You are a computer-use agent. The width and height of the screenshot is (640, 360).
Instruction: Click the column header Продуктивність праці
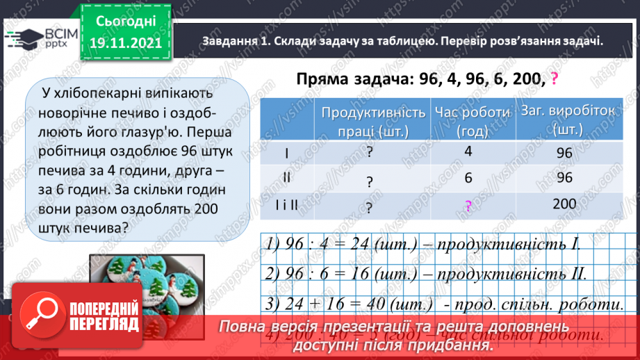coord(369,121)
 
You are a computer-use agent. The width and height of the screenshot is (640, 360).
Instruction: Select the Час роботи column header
coord(468,121)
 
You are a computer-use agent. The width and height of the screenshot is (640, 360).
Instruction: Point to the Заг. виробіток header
coord(565,120)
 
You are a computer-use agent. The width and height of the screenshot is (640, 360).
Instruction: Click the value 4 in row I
coord(468,152)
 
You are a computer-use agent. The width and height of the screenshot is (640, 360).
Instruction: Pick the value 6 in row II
coord(468,178)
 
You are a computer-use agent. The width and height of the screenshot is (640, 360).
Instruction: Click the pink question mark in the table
coord(468,206)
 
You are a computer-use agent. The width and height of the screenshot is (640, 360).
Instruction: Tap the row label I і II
coord(287,204)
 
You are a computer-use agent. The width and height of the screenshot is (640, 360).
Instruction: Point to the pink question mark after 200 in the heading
coord(554,79)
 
